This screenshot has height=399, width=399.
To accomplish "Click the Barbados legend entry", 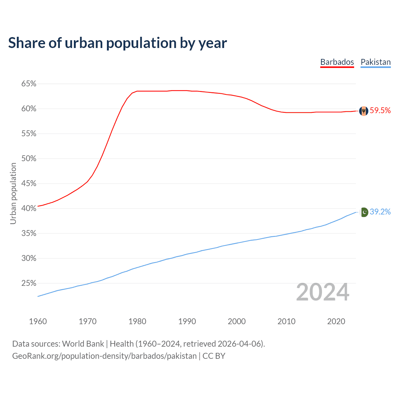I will [x=337, y=62].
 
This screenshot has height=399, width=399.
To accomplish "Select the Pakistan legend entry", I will [x=375, y=62].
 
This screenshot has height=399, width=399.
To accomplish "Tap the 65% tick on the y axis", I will [x=29, y=84].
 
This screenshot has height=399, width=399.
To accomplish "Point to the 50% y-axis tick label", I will [x=29, y=159].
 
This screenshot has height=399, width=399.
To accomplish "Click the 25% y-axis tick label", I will [x=29, y=283].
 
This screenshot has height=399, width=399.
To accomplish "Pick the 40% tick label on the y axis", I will [x=29, y=209].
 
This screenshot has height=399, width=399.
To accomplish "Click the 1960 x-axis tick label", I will [x=38, y=321].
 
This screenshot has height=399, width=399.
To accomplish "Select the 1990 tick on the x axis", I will [x=187, y=321].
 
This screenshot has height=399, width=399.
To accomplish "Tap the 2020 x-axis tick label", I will [x=336, y=321].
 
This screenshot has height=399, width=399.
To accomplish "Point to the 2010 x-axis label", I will [x=286, y=321].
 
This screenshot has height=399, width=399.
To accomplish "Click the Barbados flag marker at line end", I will [x=363, y=111].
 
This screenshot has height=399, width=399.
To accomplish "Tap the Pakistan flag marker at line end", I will [x=364, y=212].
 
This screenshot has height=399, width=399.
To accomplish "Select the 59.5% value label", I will [x=380, y=111].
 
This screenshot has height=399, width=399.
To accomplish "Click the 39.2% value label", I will [x=380, y=212].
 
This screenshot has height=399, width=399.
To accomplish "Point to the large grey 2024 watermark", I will [x=323, y=292].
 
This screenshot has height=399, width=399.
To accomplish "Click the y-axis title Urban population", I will [x=13, y=193].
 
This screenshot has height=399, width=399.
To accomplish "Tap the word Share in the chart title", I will [x=26, y=43].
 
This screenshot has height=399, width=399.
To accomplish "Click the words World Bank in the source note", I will [x=83, y=344].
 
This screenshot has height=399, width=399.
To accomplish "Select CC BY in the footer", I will [x=214, y=356].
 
